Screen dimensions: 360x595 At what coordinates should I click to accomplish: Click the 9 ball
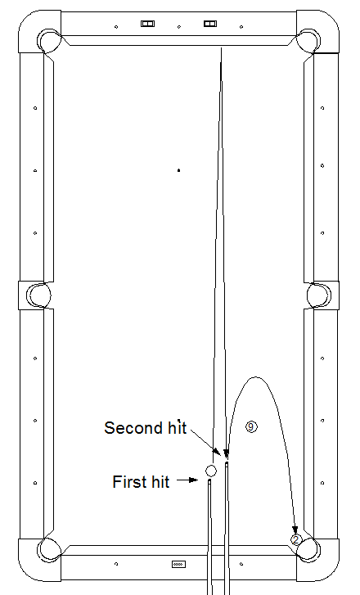point(251,427)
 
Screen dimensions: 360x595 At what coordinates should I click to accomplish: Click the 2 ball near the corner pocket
point(296,539)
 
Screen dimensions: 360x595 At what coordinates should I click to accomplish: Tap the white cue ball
point(211,471)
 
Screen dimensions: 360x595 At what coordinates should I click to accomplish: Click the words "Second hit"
point(146,428)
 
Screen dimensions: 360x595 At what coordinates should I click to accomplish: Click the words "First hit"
point(141,482)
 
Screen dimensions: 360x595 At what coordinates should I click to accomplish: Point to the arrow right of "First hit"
point(187,480)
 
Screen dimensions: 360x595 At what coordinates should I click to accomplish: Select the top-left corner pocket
point(49,40)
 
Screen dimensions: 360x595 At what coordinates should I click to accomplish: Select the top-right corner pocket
point(308,40)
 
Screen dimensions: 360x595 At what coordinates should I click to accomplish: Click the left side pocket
point(38,295)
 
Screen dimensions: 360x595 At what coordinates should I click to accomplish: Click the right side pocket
point(318,295)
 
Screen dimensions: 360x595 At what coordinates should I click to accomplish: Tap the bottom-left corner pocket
point(49,550)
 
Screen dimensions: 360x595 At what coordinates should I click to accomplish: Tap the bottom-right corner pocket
point(308,550)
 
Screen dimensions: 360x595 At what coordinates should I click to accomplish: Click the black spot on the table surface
point(178,170)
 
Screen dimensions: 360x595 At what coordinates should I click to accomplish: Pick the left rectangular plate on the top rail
point(147,24)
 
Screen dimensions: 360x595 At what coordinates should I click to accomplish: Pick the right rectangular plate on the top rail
point(210,24)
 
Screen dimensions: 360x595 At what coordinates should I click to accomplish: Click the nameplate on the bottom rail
point(178,564)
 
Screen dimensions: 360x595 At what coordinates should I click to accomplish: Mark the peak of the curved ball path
point(255,377)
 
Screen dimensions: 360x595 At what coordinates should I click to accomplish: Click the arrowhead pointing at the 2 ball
point(295,530)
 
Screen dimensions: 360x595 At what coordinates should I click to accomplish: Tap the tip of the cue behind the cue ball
point(209,480)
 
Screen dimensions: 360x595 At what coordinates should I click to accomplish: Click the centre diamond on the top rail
point(179,26)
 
